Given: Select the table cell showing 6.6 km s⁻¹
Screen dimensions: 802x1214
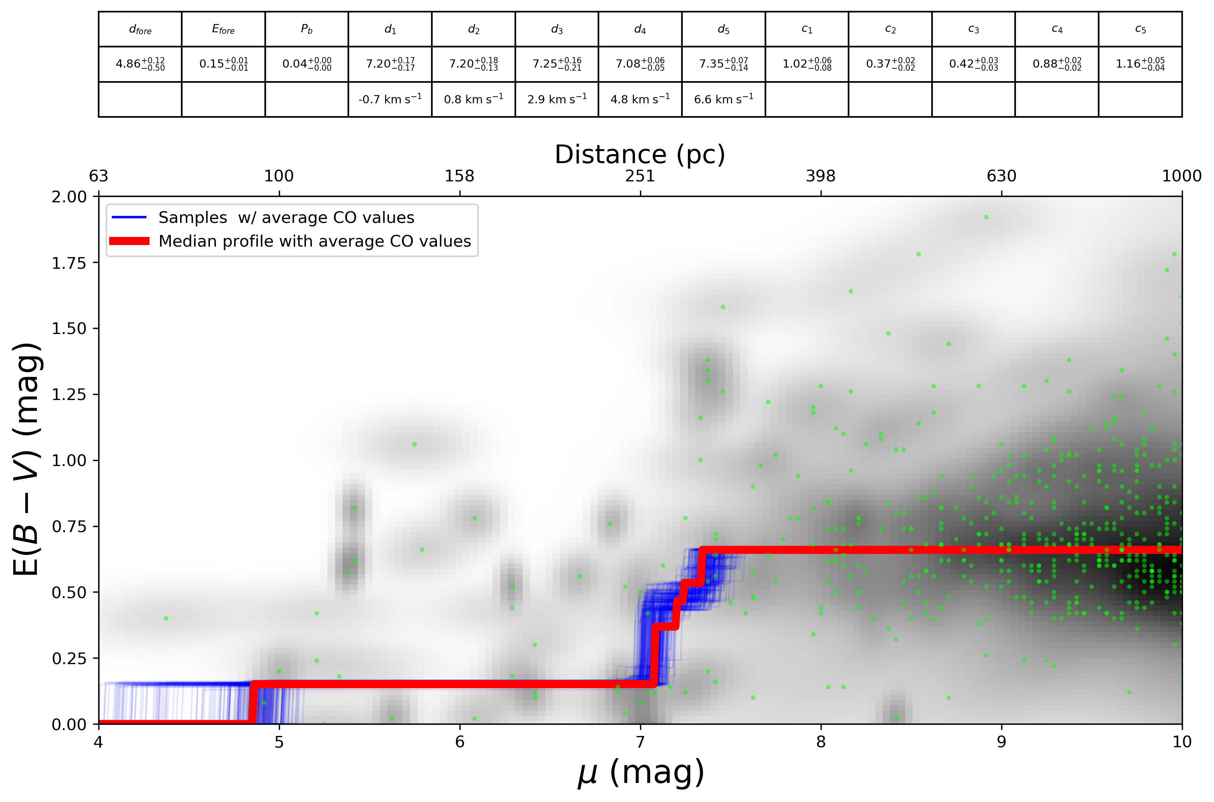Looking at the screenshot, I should [x=723, y=99].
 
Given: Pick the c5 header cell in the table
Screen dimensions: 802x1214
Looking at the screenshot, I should [x=1140, y=30].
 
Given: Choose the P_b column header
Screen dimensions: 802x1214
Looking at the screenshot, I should [x=306, y=30].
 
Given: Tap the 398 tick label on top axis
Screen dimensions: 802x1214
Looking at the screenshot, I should [x=820, y=176].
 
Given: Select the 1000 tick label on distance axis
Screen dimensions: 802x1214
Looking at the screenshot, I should [x=1181, y=176].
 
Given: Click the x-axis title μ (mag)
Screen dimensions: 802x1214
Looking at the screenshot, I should [x=641, y=773].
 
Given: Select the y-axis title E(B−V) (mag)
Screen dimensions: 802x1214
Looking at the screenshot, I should [x=26, y=459].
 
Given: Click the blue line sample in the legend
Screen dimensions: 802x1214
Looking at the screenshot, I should [x=129, y=218].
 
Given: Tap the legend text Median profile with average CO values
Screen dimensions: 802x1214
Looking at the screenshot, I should [x=315, y=242].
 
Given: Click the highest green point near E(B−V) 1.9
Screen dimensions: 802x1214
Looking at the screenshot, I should [x=986, y=217].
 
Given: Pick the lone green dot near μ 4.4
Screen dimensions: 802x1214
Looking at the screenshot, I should [x=166, y=618].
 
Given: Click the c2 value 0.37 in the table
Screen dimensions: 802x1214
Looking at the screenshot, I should [x=890, y=64].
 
